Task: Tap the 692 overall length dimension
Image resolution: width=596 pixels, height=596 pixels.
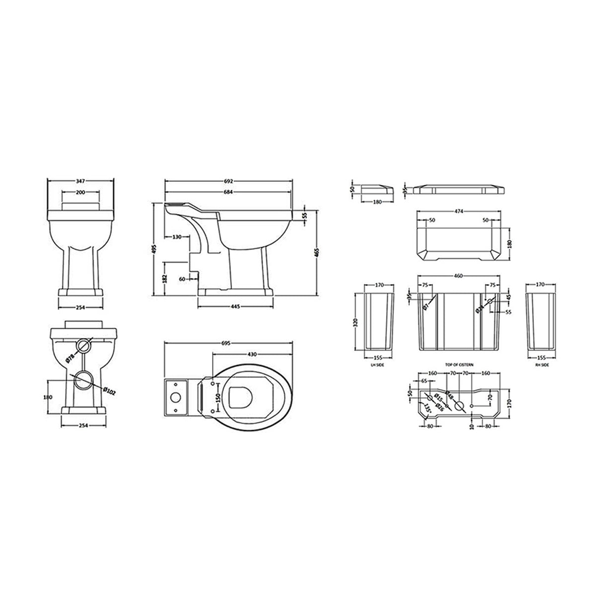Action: (228, 182)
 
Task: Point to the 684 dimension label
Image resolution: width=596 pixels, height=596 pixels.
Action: (228, 192)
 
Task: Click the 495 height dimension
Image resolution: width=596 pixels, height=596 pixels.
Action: (154, 248)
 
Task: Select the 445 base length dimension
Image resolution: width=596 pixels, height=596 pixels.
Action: (235, 306)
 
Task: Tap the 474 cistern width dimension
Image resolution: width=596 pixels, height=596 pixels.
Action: (459, 212)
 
